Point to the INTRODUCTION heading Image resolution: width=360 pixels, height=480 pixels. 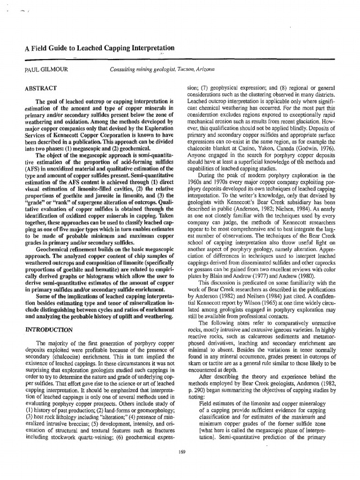[x=48, y=330]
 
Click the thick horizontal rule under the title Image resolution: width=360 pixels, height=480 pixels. [x=180, y=60]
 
